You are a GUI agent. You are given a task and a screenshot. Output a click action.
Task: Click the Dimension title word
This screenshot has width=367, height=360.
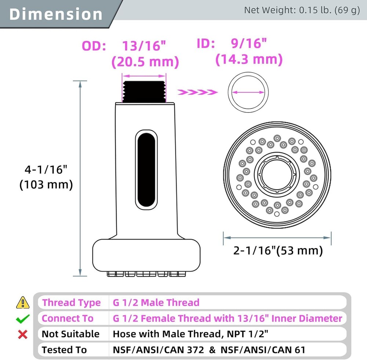tap(56, 14)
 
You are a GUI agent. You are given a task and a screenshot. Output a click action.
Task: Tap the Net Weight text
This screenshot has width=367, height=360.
tap(302, 10)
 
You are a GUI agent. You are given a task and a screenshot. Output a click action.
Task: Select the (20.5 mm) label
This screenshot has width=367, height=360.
tap(145, 61)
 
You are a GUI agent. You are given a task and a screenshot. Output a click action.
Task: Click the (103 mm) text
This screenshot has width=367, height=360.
tap(46, 184)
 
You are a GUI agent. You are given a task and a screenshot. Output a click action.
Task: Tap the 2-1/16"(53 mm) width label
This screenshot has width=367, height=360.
tap(278, 250)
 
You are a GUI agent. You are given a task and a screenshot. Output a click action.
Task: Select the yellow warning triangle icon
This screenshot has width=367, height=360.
tap(23, 302)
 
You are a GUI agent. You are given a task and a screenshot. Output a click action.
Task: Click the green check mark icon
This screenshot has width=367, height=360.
tap(23, 319)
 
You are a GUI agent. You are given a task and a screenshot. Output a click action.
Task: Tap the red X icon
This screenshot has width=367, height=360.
tap(23, 334)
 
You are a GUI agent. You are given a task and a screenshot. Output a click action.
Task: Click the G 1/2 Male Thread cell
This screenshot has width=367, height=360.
tap(156, 302)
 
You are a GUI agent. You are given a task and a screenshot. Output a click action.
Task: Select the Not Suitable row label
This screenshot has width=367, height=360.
tap(70, 334)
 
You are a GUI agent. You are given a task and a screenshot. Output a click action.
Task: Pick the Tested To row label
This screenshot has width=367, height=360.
tap(65, 349)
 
